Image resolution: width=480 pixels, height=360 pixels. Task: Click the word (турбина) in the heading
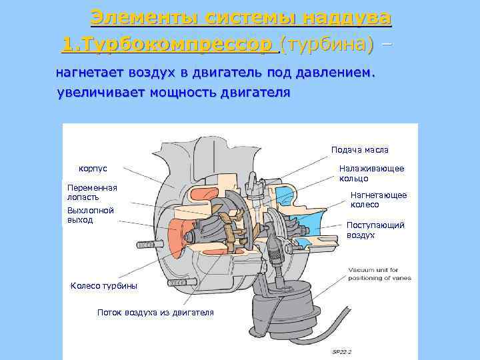327,45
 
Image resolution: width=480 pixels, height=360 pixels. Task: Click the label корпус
93,169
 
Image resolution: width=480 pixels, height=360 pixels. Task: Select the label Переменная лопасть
92,192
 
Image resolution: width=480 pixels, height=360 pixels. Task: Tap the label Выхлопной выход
91,215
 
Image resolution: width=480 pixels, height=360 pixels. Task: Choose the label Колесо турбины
104,286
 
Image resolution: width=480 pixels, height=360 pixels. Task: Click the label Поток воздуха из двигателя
155,312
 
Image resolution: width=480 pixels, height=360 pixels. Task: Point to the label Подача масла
360,150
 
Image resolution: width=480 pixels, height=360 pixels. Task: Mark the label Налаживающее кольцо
371,173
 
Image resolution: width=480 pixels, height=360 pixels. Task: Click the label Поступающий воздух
375,230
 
